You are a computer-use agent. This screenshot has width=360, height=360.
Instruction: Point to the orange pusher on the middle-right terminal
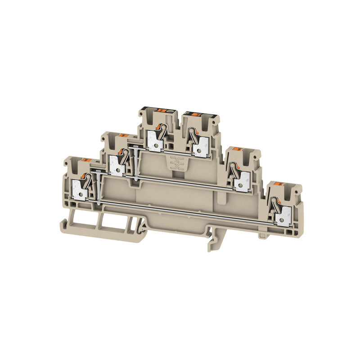(x=239, y=148)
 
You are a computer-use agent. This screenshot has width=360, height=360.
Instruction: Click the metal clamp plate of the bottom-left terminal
(x=80, y=192)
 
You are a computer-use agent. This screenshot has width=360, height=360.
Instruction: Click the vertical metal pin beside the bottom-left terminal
(x=99, y=189)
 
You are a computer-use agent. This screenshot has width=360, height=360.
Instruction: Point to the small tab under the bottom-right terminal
(x=262, y=235)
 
